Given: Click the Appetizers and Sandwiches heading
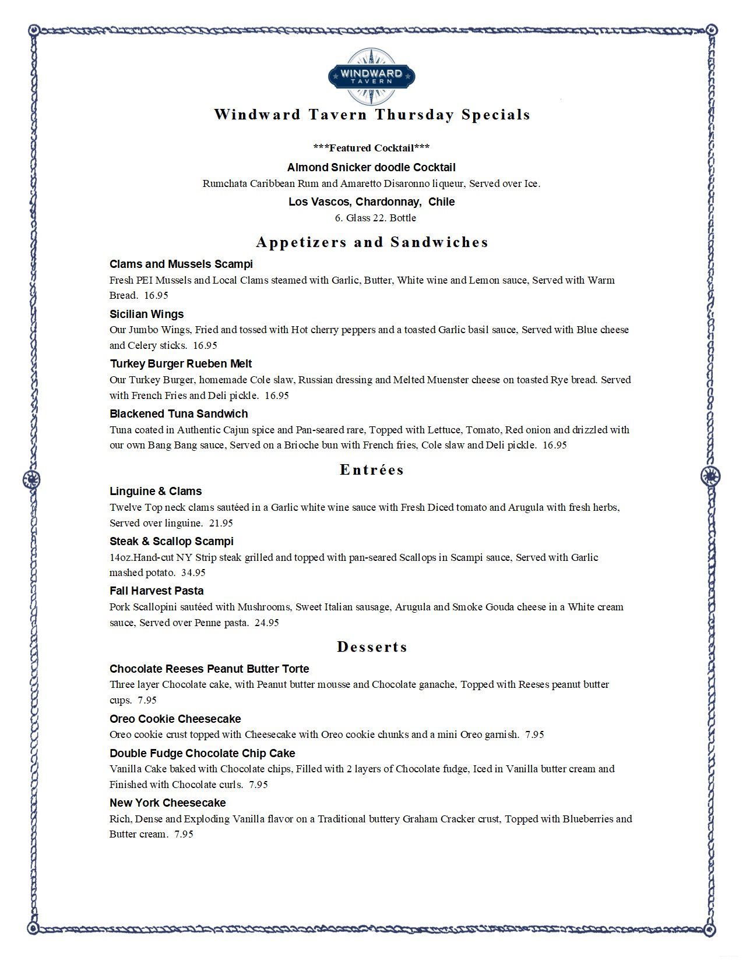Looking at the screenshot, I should [x=372, y=242].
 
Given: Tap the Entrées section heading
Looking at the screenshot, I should [x=372, y=470].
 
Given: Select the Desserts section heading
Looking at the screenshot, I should [x=372, y=647].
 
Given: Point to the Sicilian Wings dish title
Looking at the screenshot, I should [x=146, y=314].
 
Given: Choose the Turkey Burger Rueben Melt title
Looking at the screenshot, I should [x=181, y=364].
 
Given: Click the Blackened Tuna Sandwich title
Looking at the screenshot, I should [x=178, y=414].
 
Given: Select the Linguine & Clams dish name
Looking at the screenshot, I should [x=156, y=492].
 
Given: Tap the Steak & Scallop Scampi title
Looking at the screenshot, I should [x=171, y=542].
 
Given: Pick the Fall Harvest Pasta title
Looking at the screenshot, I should [x=156, y=591].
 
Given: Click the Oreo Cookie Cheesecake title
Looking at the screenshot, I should [x=175, y=719].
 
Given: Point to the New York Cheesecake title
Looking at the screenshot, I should [x=167, y=803].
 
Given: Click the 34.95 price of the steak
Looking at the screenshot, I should [x=193, y=573].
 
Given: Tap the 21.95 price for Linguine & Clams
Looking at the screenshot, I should [x=221, y=523].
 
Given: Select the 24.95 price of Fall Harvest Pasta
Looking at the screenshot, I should [x=267, y=623].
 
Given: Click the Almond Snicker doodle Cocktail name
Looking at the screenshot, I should [x=371, y=168].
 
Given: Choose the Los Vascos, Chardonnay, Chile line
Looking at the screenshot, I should [x=371, y=202].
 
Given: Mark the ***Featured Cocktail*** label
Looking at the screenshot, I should [x=371, y=148].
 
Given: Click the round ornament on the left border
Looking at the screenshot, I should [x=31, y=479].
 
